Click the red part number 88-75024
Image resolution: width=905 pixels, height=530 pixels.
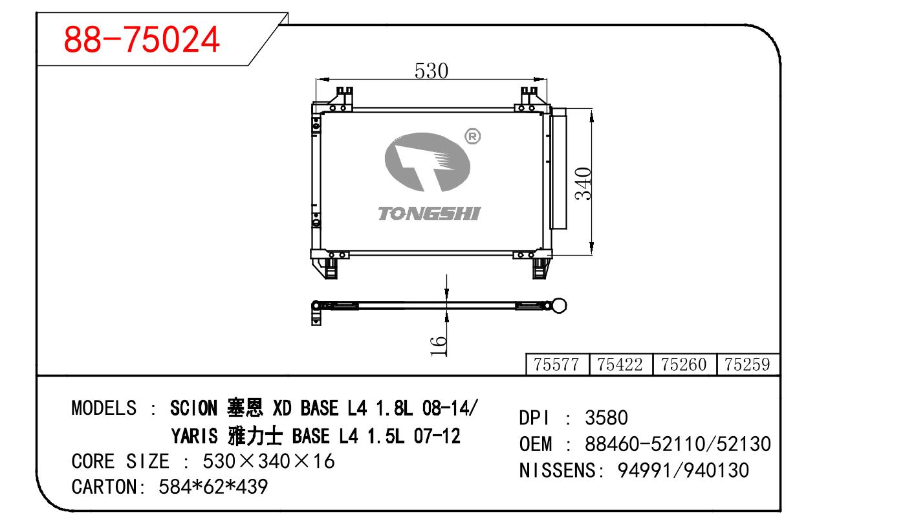point(142,39)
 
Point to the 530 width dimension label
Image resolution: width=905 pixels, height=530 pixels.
point(431,71)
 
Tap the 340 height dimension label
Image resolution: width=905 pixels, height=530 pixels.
point(583,184)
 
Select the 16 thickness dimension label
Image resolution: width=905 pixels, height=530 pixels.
point(439,346)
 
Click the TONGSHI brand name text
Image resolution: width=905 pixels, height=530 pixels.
point(429,214)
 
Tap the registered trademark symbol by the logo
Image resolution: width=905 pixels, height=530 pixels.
point(473,137)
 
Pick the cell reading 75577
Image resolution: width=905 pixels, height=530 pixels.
point(556,364)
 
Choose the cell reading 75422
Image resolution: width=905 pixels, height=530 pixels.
point(620,364)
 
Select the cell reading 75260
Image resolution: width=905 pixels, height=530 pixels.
point(684,364)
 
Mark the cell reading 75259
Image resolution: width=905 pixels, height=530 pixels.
point(747,364)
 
